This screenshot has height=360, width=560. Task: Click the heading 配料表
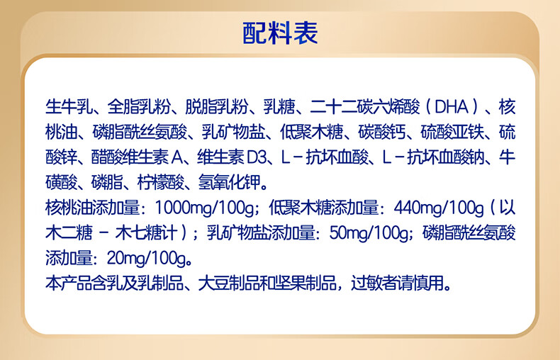[x=280, y=33]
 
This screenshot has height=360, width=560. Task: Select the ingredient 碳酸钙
[x=383, y=133]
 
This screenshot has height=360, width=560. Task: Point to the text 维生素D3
[x=235, y=157]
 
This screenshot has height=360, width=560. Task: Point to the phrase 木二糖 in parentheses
[x=68, y=233]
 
